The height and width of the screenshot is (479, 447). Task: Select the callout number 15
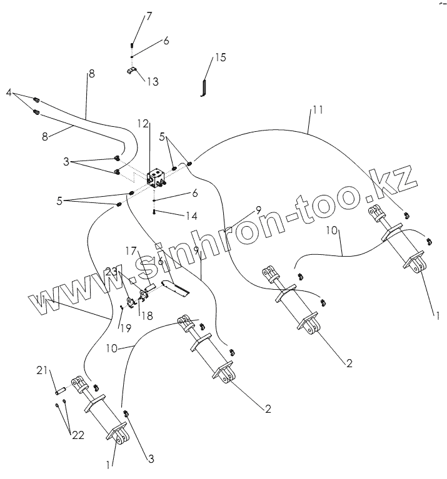[220, 57]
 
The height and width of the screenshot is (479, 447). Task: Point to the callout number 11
[317, 111]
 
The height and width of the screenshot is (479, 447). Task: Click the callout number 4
[9, 92]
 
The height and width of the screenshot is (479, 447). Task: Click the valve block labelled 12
[156, 176]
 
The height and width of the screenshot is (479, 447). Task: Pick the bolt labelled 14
[153, 213]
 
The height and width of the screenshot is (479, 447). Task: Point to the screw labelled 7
[132, 45]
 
